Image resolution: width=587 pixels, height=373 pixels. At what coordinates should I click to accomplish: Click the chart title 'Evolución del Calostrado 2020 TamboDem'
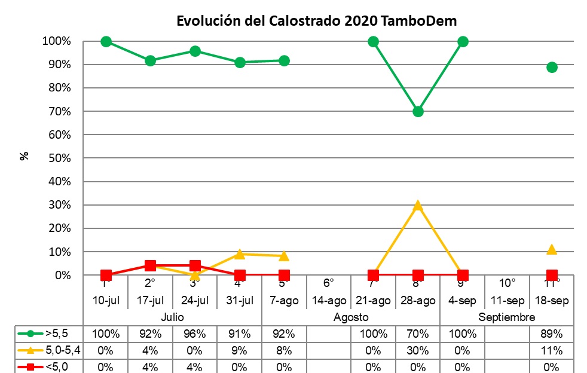pos(317,21)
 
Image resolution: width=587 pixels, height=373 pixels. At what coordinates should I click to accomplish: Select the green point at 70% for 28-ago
pos(418,112)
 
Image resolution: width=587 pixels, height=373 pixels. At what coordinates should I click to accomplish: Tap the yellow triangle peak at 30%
pos(418,206)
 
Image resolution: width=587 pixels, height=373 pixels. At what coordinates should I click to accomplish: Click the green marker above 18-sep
pos(552,67)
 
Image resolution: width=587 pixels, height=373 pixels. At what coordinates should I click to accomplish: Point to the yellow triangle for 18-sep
pos(552,249)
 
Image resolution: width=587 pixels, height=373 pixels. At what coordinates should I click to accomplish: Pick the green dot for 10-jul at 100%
pos(106,41)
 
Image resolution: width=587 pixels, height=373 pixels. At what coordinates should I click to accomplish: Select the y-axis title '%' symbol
pos(25,156)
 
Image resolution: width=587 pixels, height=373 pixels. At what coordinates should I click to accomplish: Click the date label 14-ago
pos(329,299)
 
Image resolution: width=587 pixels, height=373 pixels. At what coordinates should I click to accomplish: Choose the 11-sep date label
pos(507,299)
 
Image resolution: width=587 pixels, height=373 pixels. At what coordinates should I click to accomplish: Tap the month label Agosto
pos(351,317)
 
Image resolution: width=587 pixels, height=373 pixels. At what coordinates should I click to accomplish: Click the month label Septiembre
pos(507,317)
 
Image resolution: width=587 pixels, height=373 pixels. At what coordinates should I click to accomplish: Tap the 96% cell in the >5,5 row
pos(195,334)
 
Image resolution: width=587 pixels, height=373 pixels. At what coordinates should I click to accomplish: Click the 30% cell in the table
pos(418,350)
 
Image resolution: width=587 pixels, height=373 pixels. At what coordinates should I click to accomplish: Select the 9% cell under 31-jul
pos(240,350)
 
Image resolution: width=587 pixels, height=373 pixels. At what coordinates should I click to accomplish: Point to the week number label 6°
pos(328,283)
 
